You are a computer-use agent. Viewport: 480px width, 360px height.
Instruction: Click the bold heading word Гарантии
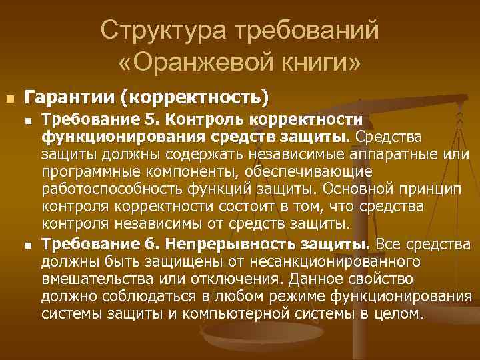point(69,98)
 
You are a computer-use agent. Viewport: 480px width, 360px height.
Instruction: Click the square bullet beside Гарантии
point(9,99)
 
